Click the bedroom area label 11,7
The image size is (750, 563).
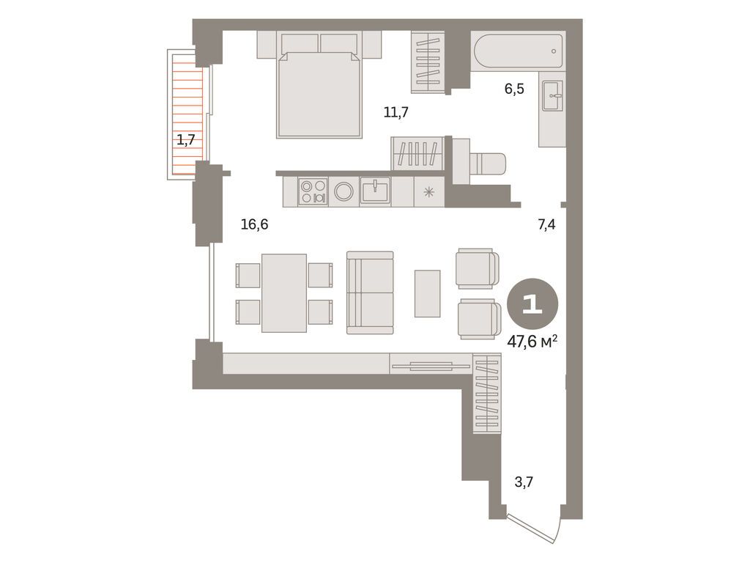click(396, 112)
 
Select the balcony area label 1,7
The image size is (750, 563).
click(185, 139)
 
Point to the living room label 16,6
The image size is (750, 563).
click(254, 224)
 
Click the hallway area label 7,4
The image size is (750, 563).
click(546, 225)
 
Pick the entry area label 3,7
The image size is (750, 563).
click(523, 482)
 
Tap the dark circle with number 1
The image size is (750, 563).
click(532, 304)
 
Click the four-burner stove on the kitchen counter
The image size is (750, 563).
click(313, 191)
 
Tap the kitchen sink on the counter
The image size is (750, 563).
click(375, 191)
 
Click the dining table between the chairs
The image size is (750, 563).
click(283, 293)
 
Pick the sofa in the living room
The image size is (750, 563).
click(370, 292)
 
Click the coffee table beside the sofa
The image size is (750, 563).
click(427, 293)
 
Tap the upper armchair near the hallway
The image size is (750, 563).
click(477, 268)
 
